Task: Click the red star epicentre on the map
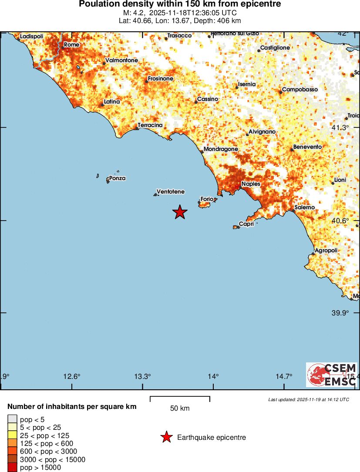pos(180,212)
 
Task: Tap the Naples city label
pos(251,184)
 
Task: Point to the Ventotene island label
pos(170,191)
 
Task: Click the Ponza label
pos(117,178)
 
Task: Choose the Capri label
pos(246,224)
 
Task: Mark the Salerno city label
pos(304,208)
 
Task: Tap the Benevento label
pos(307,147)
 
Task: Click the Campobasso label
pos(300,90)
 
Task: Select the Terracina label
pos(150,125)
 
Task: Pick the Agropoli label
pos(326,251)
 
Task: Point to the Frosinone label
pos(161,79)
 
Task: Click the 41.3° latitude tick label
pos(340,127)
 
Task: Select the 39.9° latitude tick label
pos(340,313)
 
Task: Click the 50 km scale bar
pos(180,398)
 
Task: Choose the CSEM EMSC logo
pos(331,375)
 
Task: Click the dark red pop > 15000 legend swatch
pos(12,467)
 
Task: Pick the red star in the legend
pos(166,437)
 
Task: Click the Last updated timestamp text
pos(308,399)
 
